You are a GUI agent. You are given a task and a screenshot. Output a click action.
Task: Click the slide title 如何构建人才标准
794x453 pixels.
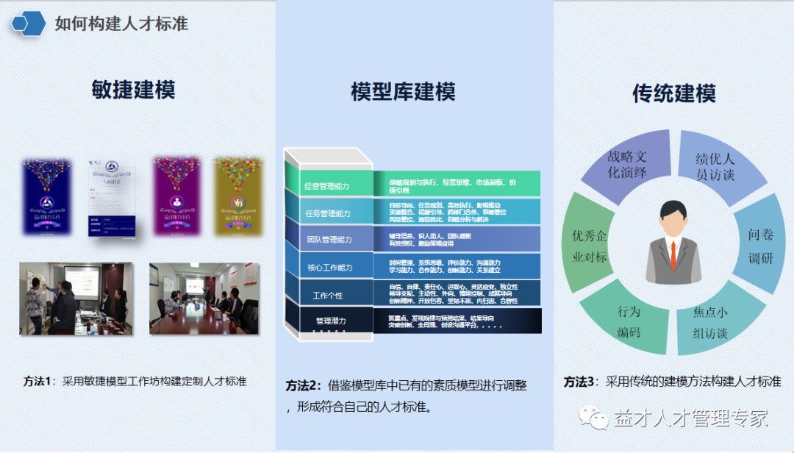pyautogui.click(x=121, y=24)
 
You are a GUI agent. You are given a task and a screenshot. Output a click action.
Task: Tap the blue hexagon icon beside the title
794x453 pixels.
pyautogui.click(x=29, y=24)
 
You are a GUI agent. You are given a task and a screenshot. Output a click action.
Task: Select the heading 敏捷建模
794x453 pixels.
pyautogui.click(x=133, y=90)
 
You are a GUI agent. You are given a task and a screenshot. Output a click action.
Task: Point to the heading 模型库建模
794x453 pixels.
pyautogui.click(x=403, y=92)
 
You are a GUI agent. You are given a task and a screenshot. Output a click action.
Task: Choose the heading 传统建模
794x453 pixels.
pyautogui.click(x=673, y=93)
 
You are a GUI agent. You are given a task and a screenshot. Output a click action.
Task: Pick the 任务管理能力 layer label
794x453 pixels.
pyautogui.click(x=328, y=213)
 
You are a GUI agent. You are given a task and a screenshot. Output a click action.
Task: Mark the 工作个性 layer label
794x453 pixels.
pyautogui.click(x=328, y=296)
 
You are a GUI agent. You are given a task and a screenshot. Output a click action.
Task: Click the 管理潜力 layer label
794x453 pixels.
pyautogui.click(x=331, y=321)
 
